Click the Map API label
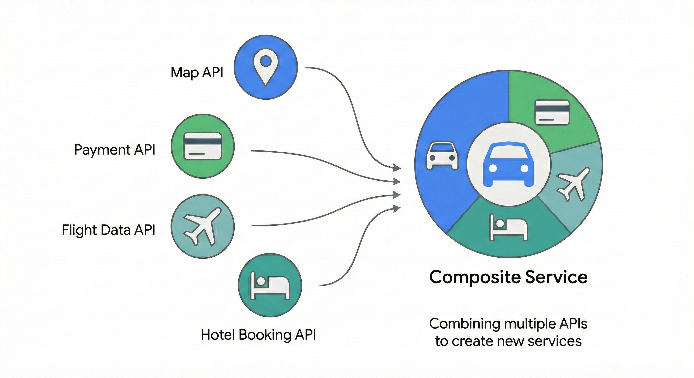click(x=197, y=72)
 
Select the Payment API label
click(x=115, y=150)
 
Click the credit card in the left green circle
click(x=203, y=146)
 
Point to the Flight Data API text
click(x=108, y=230)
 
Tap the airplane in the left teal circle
click(x=203, y=227)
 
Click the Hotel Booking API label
click(x=258, y=335)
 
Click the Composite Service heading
click(x=508, y=277)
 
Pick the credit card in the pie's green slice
click(x=552, y=112)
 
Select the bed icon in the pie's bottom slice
click(x=508, y=227)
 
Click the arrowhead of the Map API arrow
click(x=397, y=168)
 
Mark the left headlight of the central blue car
click(x=492, y=168)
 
